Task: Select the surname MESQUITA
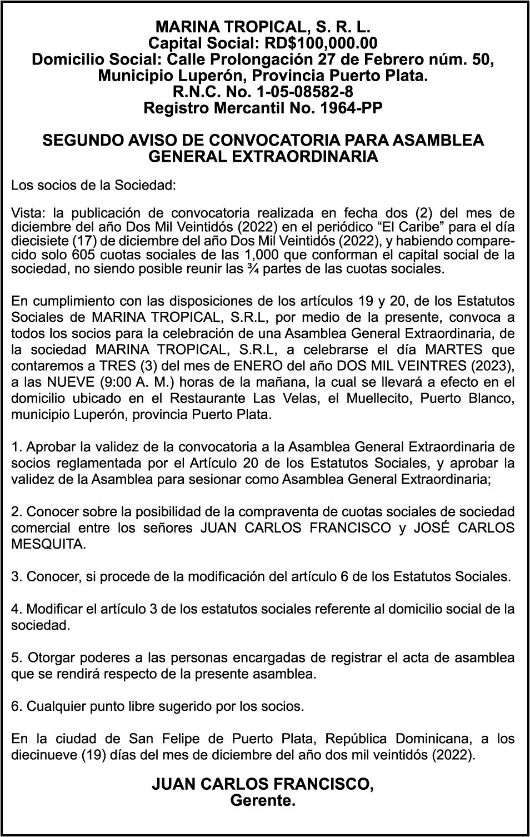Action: (x=49, y=544)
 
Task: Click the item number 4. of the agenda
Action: (x=16, y=609)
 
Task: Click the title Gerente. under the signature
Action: (x=263, y=801)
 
